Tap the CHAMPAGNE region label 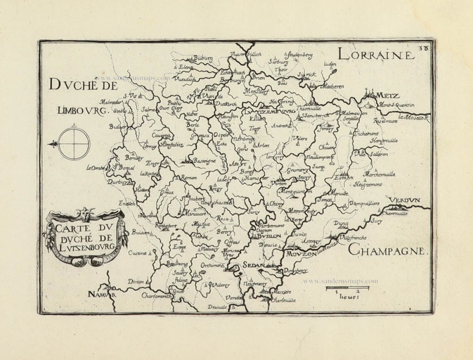[x=388, y=250]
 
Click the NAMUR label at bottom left [x=102, y=294]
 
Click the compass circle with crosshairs [x=75, y=143]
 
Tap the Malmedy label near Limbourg [x=109, y=102]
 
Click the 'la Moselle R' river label [x=413, y=117]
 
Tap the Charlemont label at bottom [x=157, y=295]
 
